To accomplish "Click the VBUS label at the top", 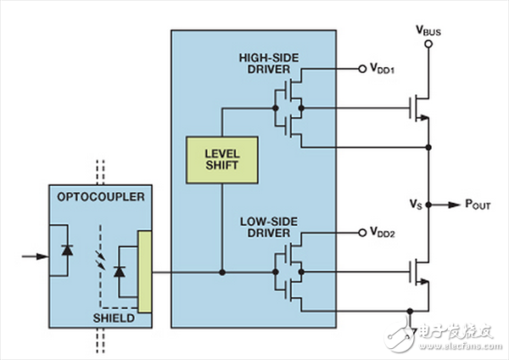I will coord(429,27).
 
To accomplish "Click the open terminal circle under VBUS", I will coord(429,43).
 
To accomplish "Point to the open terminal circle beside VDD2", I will coord(364,231).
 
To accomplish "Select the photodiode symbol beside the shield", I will coord(119,272).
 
